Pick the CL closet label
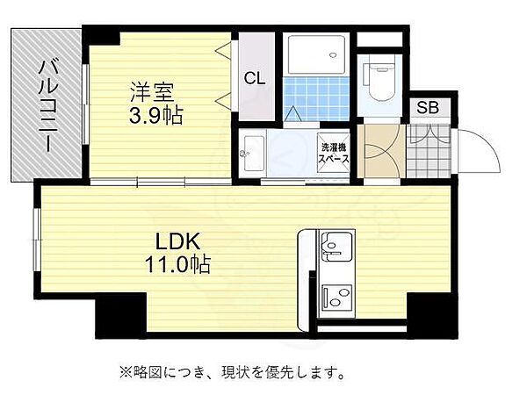[255, 78]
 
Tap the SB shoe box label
[427, 108]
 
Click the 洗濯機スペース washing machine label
[334, 154]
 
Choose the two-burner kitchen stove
[336, 298]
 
